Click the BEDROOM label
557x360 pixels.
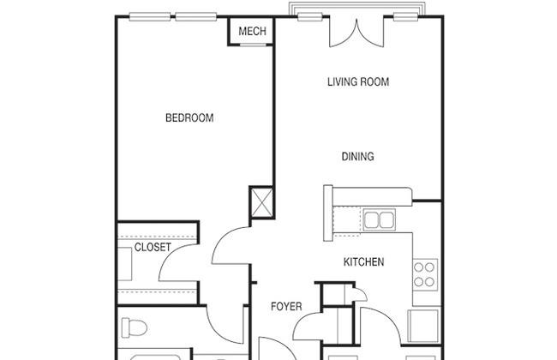coord(189,117)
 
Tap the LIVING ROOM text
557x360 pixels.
coord(358,81)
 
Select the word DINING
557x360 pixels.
coord(357,156)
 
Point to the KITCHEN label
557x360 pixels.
coord(363,262)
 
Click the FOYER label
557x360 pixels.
coord(286,306)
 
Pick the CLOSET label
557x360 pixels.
coord(153,247)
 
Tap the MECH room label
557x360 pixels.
coord(252,31)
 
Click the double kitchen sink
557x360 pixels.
coord(380,219)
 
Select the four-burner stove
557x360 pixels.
coord(425,274)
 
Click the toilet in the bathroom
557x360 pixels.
coord(134,327)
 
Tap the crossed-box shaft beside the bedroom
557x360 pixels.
coord(262,202)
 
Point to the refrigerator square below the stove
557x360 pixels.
coord(423,326)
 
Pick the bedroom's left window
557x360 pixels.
coord(150,16)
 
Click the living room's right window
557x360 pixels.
coord(405,16)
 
